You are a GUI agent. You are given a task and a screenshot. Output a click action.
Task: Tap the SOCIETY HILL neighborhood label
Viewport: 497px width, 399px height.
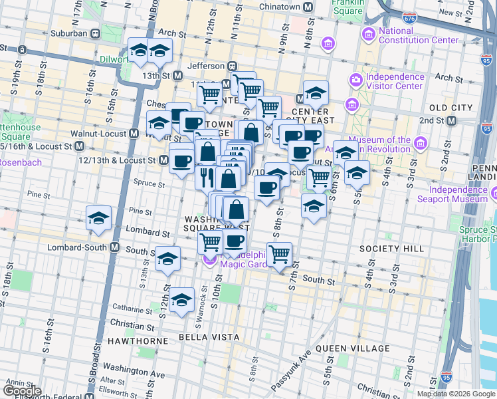point(401,249)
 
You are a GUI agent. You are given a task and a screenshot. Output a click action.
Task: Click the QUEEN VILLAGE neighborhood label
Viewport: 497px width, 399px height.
point(353,348)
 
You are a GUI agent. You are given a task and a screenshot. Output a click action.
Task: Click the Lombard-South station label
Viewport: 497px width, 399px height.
point(83,247)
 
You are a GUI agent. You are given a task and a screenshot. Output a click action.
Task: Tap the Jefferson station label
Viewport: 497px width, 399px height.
point(207,66)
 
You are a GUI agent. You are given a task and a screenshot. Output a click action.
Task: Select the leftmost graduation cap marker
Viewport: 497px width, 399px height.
point(99,218)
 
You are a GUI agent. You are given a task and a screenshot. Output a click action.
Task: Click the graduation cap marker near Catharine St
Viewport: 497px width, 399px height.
point(181,300)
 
